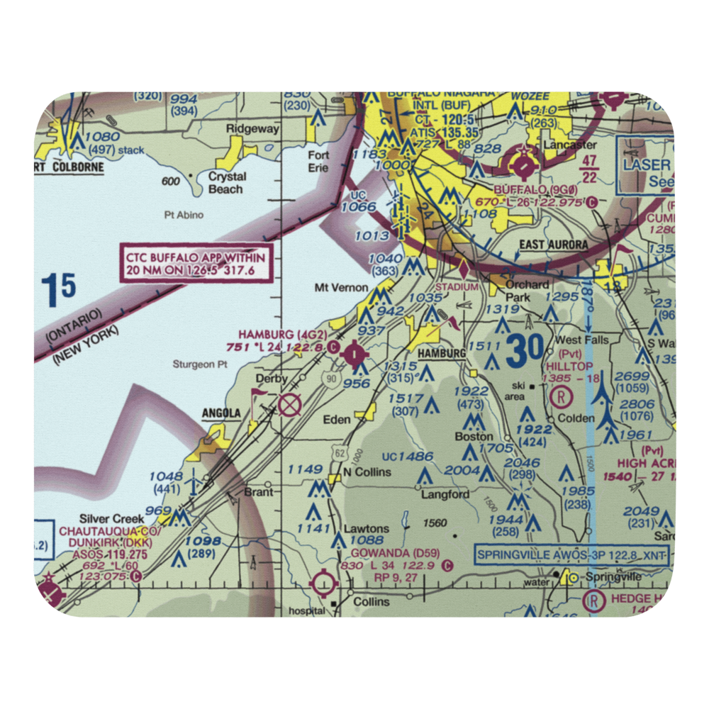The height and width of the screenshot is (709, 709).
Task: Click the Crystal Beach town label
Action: click(227, 183)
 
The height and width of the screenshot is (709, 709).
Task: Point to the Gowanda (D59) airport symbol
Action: click(324, 584)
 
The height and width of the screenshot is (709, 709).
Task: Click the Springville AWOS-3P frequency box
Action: click(572, 554)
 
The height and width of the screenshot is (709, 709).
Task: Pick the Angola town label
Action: click(221, 413)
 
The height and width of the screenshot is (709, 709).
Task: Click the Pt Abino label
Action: click(183, 215)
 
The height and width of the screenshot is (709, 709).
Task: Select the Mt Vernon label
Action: click(342, 288)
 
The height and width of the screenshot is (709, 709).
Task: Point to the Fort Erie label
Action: click(318, 161)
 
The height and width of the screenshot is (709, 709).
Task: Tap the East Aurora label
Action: click(553, 245)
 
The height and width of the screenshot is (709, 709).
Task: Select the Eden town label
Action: click(337, 420)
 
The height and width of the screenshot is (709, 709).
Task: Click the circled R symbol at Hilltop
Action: click(561, 396)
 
